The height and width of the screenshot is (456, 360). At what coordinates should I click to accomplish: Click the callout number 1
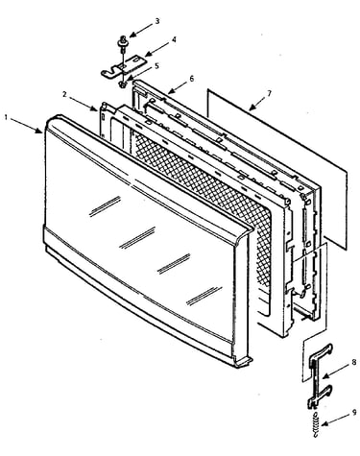(6, 117)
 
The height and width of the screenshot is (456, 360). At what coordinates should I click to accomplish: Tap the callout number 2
(64, 94)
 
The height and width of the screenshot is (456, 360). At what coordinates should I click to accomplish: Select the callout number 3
(157, 21)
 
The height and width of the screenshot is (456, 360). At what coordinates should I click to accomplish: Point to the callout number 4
(174, 39)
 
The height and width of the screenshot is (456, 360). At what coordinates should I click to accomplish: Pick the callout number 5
(157, 66)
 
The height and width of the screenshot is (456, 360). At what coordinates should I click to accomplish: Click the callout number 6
(192, 78)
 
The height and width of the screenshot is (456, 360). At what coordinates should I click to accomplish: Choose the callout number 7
(269, 93)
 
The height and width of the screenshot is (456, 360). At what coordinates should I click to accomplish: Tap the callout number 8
(353, 363)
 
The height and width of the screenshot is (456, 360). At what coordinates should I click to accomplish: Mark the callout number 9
(354, 413)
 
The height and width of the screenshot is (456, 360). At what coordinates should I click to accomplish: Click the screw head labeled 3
(123, 40)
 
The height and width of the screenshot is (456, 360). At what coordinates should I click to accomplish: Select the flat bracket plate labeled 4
(125, 65)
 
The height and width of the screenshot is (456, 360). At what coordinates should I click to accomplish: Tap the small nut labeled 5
(122, 84)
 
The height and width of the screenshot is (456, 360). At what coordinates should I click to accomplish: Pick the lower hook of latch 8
(321, 396)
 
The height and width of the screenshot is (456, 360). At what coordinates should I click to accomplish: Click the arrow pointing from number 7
(257, 103)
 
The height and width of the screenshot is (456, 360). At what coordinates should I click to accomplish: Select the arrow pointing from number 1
(26, 125)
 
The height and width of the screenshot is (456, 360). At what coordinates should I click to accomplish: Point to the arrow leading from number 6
(178, 86)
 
